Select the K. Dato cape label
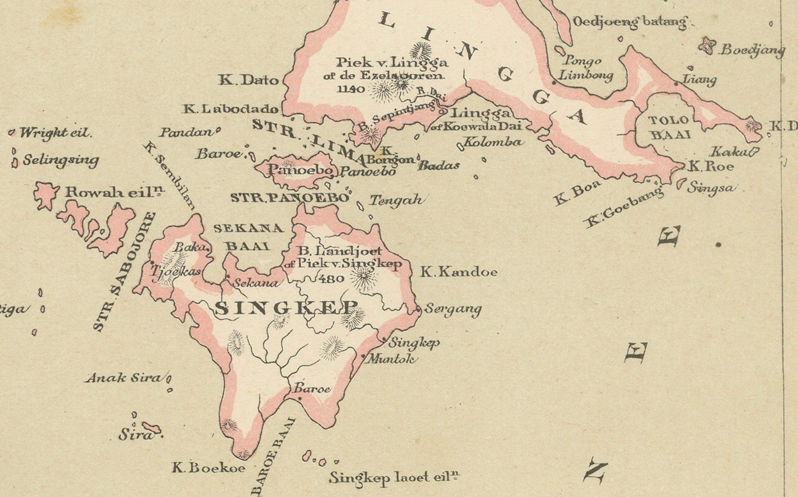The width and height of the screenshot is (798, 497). [x=249, y=80]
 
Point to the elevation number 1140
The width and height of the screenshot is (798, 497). [x=351, y=89]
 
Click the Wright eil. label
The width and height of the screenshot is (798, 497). [x=55, y=133]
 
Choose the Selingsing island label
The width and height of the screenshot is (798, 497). [x=60, y=161]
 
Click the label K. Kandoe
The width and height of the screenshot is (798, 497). [x=459, y=272]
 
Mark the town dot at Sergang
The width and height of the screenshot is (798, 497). [x=418, y=309]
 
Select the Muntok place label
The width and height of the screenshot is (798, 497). [x=392, y=359]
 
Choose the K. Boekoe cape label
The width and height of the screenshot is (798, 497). [x=208, y=468]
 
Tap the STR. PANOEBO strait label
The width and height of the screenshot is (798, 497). [x=289, y=198]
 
